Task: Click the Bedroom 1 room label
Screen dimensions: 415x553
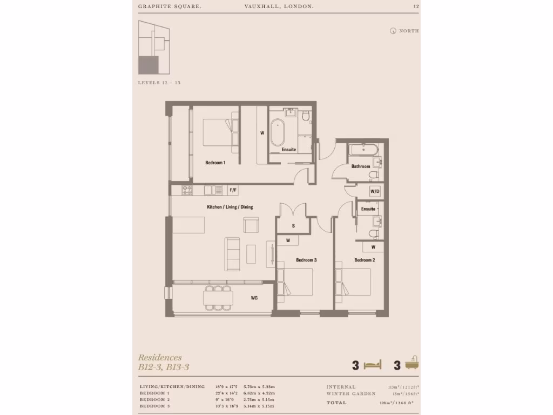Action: (215, 163)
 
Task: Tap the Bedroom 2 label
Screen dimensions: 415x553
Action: (365, 260)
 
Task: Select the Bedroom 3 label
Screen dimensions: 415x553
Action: (306, 260)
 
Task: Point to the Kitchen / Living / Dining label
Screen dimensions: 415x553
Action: (230, 207)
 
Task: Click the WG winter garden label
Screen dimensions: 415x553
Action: (254, 297)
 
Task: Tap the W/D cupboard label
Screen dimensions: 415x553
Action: (375, 192)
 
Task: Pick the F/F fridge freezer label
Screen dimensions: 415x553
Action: (233, 190)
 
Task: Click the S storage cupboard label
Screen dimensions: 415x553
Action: (293, 225)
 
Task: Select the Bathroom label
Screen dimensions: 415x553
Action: (360, 166)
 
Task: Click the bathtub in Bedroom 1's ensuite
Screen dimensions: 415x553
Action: (276, 132)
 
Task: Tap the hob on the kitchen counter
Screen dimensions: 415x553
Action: (187, 190)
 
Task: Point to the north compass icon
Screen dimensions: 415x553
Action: (393, 31)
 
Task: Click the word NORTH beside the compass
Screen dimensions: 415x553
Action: (409, 31)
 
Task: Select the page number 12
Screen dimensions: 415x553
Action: (415, 6)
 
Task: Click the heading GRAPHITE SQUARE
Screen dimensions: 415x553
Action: (163, 6)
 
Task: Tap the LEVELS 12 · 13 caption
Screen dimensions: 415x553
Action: (159, 83)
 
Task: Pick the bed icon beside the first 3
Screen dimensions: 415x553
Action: (373, 365)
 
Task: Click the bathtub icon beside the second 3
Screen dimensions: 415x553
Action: (413, 364)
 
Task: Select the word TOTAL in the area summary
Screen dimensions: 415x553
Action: (336, 403)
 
